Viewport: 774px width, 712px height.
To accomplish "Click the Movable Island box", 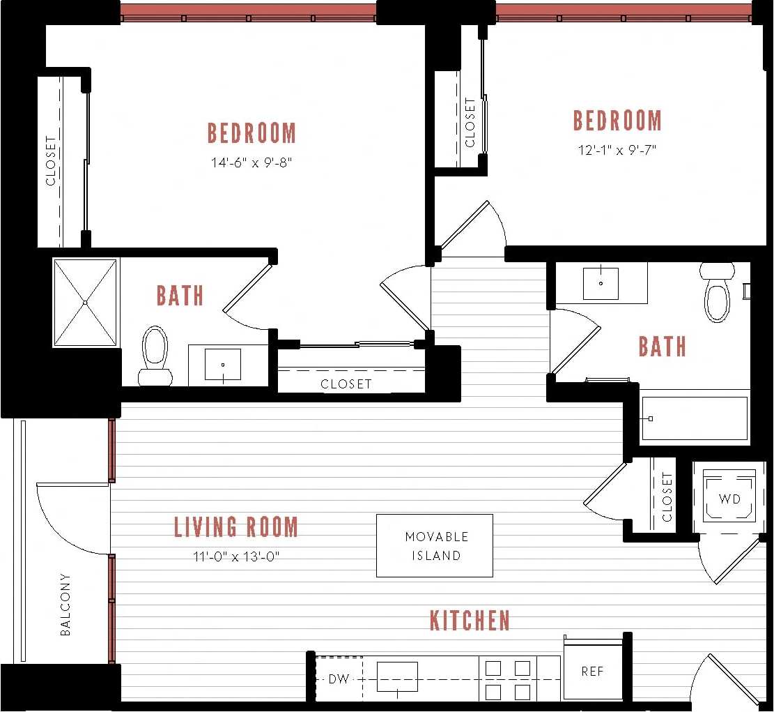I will pyautogui.click(x=434, y=545).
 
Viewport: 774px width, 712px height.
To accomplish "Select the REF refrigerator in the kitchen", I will pyautogui.click(x=592, y=671).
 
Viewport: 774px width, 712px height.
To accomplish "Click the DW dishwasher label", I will pyautogui.click(x=339, y=679).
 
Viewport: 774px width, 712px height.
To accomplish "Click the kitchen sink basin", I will pyautogui.click(x=397, y=676).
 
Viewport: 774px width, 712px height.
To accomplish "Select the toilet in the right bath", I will pyautogui.click(x=717, y=294).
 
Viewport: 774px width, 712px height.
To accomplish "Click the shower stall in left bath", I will pyautogui.click(x=85, y=303).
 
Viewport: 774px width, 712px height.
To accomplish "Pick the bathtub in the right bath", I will pyautogui.click(x=694, y=418).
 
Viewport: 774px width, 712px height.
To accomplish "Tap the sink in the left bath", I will pyautogui.click(x=223, y=364).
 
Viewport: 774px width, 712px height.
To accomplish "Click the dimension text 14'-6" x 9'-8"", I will pyautogui.click(x=251, y=162).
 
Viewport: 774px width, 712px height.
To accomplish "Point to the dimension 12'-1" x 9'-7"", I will pyautogui.click(x=617, y=149).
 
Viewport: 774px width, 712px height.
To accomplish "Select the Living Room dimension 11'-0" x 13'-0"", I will pyautogui.click(x=236, y=556).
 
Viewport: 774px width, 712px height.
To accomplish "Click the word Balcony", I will pyautogui.click(x=65, y=604).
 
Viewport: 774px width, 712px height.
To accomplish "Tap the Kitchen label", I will pyautogui.click(x=470, y=620).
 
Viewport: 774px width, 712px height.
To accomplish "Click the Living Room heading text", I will pyautogui.click(x=236, y=527).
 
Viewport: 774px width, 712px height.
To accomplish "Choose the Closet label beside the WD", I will pyautogui.click(x=667, y=497).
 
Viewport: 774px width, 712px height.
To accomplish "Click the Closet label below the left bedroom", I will pyautogui.click(x=346, y=384).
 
